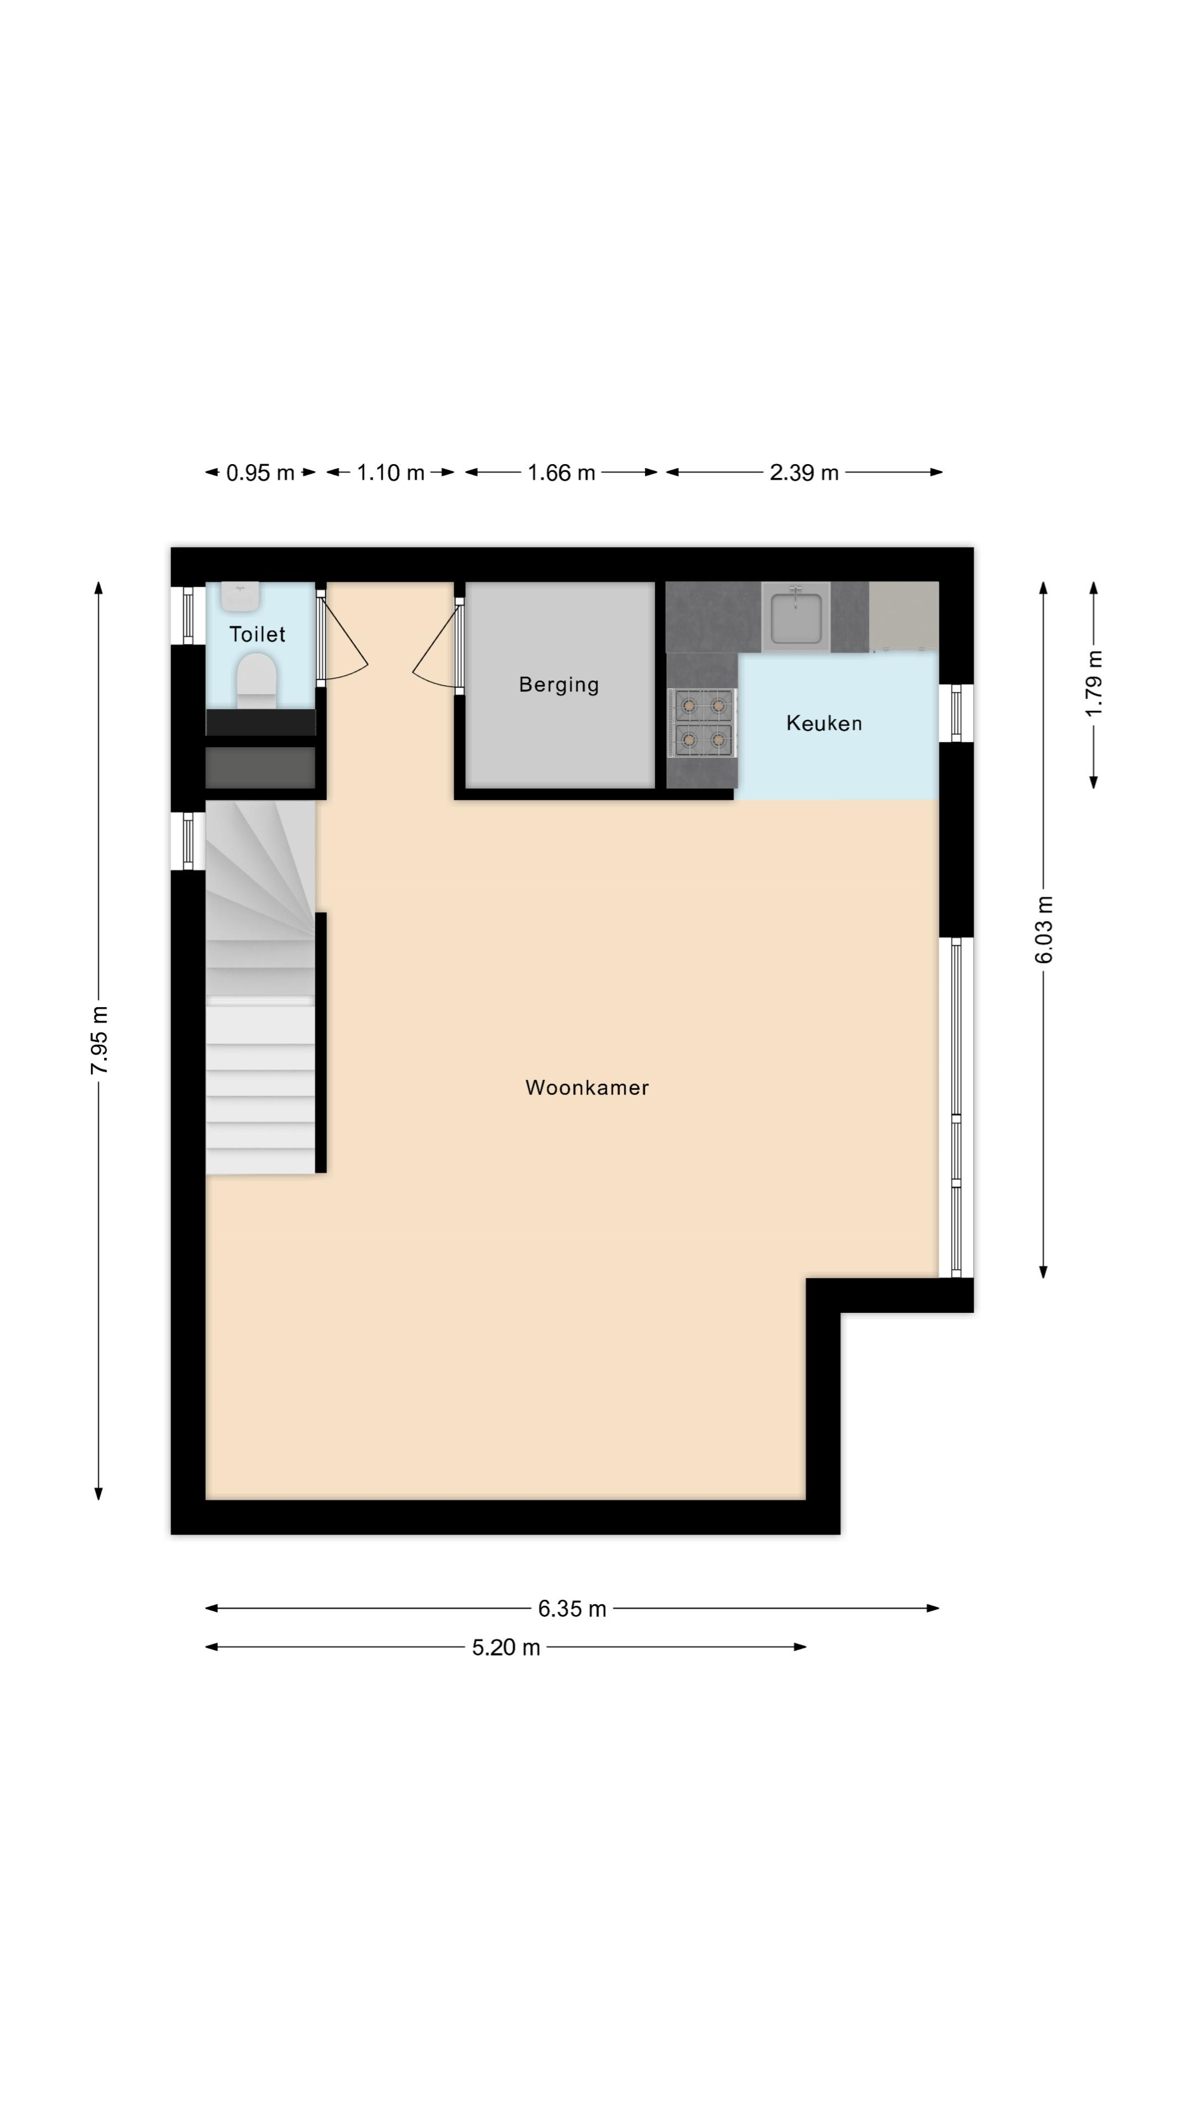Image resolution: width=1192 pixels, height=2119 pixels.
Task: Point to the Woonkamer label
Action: pos(587,1088)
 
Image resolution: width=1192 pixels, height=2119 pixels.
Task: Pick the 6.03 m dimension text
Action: pos(1044,929)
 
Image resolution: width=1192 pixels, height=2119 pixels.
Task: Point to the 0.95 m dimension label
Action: pos(260,473)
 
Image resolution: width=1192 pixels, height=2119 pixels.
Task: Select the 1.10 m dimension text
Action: pos(390,473)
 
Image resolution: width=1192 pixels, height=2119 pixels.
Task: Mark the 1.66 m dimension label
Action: pos(561,473)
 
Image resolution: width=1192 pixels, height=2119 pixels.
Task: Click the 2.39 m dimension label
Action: pos(803,473)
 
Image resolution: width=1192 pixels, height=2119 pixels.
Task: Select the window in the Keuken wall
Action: pos(956,713)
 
